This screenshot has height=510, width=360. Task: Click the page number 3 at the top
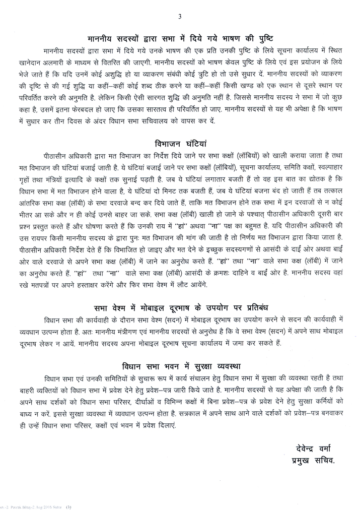click(180, 17)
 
